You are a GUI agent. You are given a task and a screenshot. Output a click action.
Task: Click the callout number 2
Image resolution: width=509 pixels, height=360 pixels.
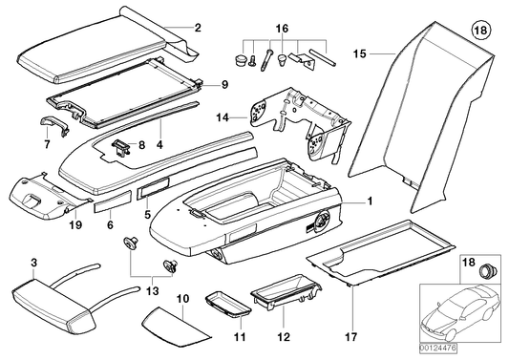(197, 28)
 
